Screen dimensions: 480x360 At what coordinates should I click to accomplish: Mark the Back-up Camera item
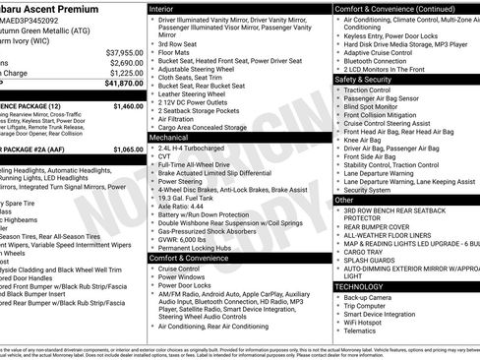tap(373, 297)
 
